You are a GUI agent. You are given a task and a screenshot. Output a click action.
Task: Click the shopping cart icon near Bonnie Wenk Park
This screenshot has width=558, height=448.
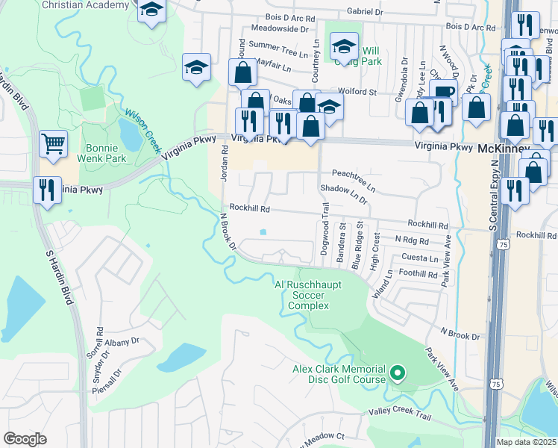pyautogui.click(x=52, y=143)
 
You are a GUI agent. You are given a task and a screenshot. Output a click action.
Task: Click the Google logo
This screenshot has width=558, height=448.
pyautogui.click(x=25, y=439)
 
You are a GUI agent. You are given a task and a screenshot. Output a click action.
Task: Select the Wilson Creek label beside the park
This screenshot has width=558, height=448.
pyautogui.click(x=142, y=128)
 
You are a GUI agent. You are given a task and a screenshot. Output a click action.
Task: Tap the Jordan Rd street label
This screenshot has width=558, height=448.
pyautogui.click(x=223, y=164)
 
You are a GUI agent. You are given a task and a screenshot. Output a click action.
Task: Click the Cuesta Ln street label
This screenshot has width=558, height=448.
pyautogui.click(x=418, y=258)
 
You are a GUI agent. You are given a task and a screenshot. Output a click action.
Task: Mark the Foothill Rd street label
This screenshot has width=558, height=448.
pyautogui.click(x=418, y=274)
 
